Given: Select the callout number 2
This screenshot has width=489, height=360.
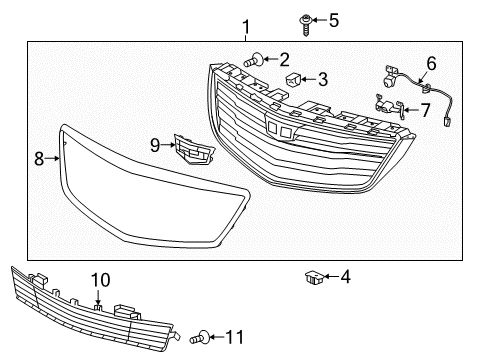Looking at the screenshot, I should pyautogui.click(x=283, y=59).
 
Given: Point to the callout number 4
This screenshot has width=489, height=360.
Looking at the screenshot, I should pyautogui.click(x=344, y=277).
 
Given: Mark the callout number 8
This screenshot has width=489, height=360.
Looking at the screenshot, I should pyautogui.click(x=40, y=157).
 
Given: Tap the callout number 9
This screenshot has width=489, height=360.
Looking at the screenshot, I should pyautogui.click(x=156, y=145).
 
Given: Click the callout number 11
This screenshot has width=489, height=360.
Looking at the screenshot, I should pyautogui.click(x=236, y=338).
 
